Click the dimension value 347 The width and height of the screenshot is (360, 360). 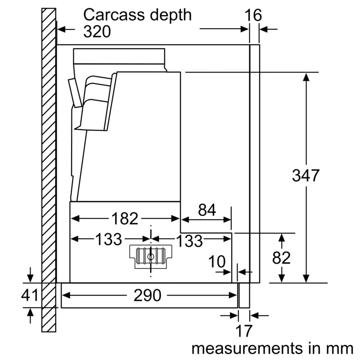pyautogui.click(x=306, y=175)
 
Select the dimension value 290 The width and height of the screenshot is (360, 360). pyautogui.click(x=148, y=295)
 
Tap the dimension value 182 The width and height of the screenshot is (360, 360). pyautogui.click(x=125, y=219)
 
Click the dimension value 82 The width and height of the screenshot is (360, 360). pyautogui.click(x=282, y=258)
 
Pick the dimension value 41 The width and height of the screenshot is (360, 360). pyautogui.click(x=30, y=296)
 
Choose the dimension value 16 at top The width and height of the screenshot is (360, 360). pyautogui.click(x=253, y=15)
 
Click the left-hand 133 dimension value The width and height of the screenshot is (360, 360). pyautogui.click(x=108, y=239)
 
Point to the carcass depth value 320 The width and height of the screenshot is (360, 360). pyautogui.click(x=97, y=31)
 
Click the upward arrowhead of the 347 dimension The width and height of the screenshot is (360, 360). pyautogui.click(x=306, y=76)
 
